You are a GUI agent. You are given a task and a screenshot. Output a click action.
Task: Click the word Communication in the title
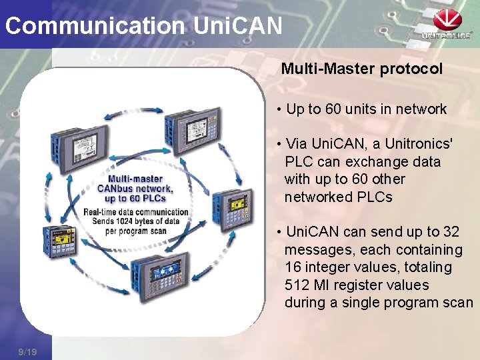[x=95, y=26]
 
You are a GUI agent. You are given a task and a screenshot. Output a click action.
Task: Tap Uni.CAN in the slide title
[x=237, y=26]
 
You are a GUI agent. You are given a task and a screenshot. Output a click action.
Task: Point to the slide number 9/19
[x=28, y=351]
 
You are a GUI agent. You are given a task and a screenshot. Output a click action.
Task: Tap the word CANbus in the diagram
[x=117, y=189]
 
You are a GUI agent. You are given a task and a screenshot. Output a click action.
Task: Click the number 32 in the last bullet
[x=451, y=232]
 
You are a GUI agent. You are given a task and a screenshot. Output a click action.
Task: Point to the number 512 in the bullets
[x=297, y=285]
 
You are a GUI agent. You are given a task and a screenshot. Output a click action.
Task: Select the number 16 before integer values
[x=293, y=267]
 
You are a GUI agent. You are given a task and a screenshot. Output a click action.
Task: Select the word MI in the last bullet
[x=323, y=285]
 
